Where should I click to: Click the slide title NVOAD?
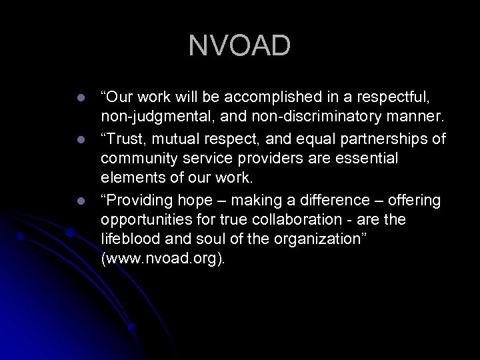[x=239, y=45]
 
